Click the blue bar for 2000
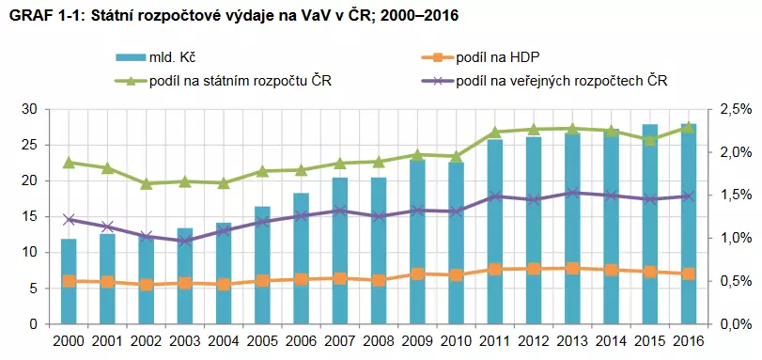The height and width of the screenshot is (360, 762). [69, 282]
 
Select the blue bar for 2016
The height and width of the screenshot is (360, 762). [689, 226]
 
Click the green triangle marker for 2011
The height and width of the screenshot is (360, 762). [495, 133]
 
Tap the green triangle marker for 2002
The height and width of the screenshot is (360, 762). [147, 183]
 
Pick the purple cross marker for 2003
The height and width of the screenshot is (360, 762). [185, 241]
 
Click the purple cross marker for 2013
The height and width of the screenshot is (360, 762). [572, 193]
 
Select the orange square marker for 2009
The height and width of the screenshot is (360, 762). [418, 274]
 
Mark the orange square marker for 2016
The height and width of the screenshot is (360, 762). [689, 274]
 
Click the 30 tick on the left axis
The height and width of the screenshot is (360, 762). [29, 109]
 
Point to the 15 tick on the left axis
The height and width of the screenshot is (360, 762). [29, 216]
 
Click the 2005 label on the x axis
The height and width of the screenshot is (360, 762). [262, 342]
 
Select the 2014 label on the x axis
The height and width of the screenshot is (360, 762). [611, 342]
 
